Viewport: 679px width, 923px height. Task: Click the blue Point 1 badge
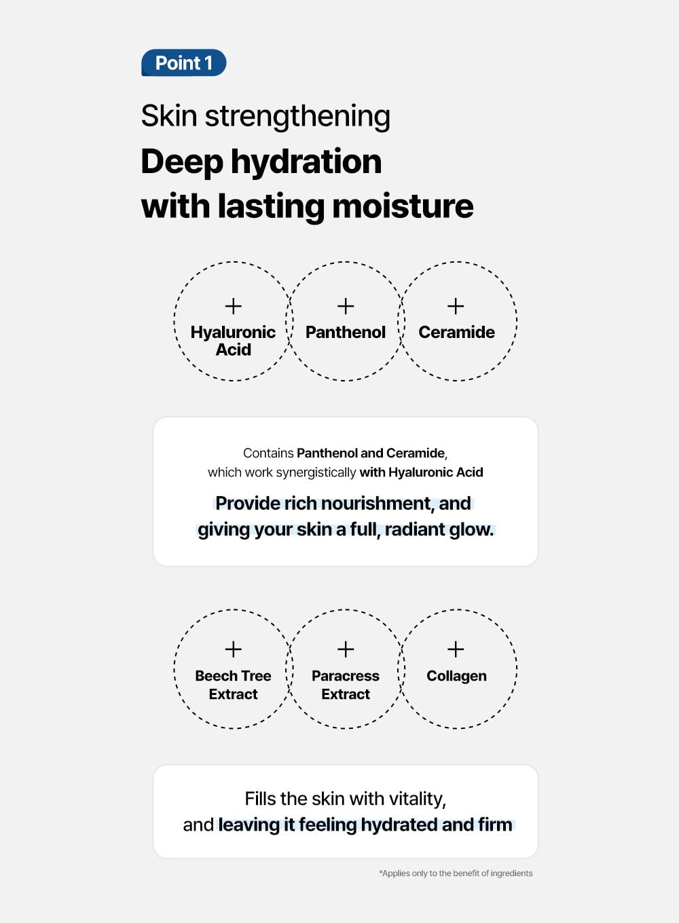[183, 63]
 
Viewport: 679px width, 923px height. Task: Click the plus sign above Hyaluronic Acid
[233, 306]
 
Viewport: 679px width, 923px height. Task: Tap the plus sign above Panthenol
[346, 306]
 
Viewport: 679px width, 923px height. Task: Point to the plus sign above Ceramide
[456, 306]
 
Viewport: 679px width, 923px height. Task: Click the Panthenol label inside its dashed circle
[346, 332]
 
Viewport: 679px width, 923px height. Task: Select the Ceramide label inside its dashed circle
[456, 332]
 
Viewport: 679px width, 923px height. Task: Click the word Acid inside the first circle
[233, 350]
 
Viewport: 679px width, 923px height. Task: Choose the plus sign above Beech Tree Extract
[233, 649]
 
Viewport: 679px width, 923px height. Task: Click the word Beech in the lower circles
[216, 676]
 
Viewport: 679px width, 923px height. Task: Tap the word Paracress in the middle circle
[346, 676]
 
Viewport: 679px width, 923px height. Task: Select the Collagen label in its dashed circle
[456, 676]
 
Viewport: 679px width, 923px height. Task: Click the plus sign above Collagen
[456, 649]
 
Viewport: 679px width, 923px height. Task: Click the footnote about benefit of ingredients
[456, 873]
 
